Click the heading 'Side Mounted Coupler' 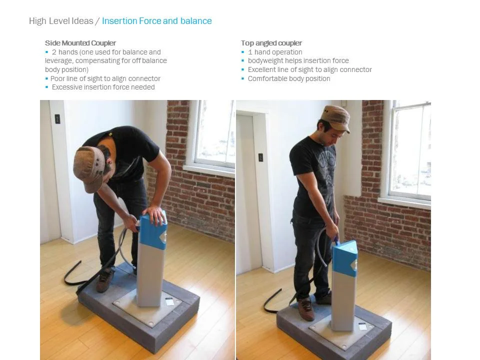(x=80, y=43)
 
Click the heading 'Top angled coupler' (x=271, y=43)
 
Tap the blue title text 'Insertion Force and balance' (x=156, y=21)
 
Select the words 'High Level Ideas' (x=60, y=21)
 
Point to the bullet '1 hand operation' (x=275, y=52)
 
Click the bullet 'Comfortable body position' (x=289, y=78)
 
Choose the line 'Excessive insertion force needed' (x=103, y=87)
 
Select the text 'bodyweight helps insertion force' (x=298, y=60)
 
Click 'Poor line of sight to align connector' (x=105, y=78)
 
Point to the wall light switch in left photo (x=57, y=119)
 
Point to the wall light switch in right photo (x=260, y=157)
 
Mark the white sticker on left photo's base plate (x=169, y=301)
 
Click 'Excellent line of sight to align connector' (x=309, y=69)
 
